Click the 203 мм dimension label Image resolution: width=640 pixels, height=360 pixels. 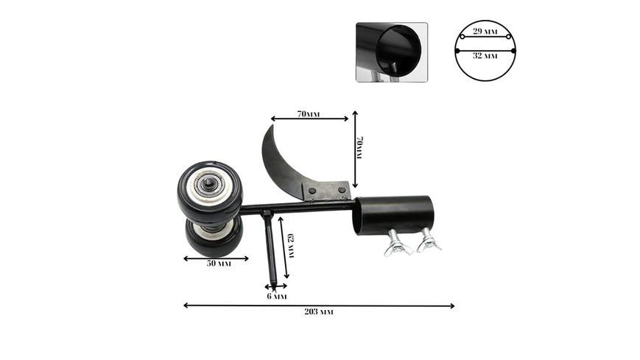(318, 312)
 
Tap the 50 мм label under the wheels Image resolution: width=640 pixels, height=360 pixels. (219, 264)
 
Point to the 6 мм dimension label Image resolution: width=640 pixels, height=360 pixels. (277, 297)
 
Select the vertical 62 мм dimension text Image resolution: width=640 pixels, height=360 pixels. (291, 246)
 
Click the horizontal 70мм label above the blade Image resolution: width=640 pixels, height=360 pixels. (309, 114)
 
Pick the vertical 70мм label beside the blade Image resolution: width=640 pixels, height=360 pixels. (359, 148)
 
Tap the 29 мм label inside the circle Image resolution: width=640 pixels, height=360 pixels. (485, 32)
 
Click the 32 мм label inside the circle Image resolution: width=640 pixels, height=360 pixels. (485, 55)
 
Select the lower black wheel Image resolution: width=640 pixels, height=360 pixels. (214, 238)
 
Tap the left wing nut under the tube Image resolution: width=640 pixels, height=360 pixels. (397, 244)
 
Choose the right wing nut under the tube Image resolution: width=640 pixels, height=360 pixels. (429, 241)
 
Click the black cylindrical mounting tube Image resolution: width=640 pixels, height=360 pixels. (394, 215)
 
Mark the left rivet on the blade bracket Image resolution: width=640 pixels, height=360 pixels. (312, 191)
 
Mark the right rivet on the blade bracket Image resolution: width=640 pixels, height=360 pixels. (342, 190)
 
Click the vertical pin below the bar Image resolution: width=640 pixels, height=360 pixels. (270, 248)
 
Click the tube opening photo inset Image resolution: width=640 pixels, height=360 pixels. (392, 52)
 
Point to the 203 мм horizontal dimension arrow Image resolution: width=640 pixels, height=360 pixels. (319, 306)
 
